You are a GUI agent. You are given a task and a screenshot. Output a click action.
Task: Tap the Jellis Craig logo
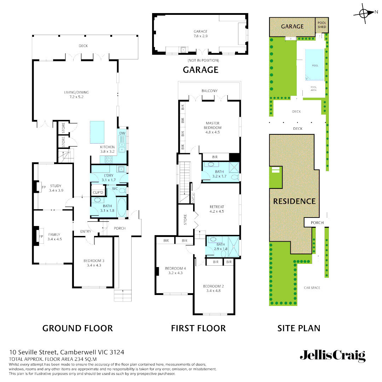332,355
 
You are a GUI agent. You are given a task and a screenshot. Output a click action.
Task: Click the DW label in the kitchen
122,133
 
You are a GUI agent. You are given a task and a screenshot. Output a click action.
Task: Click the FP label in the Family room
41,236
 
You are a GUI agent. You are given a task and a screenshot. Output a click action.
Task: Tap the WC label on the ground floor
115,189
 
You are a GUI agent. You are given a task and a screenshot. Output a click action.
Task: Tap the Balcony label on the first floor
209,91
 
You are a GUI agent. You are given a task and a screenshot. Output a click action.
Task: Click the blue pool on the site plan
315,64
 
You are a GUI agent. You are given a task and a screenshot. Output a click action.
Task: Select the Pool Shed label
322,25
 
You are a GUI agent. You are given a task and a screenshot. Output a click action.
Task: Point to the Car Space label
312,288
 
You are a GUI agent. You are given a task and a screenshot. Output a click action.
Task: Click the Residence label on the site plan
294,201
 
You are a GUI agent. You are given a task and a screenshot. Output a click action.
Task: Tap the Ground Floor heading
77,328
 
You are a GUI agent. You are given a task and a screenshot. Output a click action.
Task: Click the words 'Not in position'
201,60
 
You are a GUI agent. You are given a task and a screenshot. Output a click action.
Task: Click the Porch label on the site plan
317,222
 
